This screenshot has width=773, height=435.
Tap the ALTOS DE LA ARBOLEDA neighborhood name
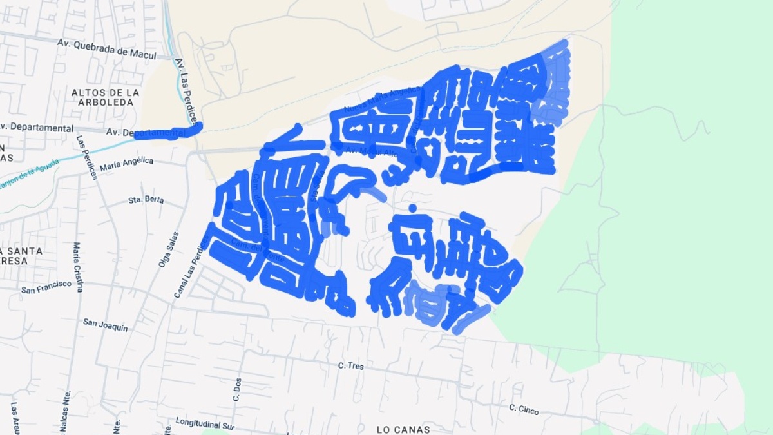106,97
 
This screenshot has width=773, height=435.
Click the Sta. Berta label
146,200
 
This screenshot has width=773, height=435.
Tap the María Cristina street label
78,267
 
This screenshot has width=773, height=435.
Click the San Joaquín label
105,324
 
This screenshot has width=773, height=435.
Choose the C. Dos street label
236,389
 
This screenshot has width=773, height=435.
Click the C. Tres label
351,366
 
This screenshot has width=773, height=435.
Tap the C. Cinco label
523,409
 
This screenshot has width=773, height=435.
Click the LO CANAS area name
403,429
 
